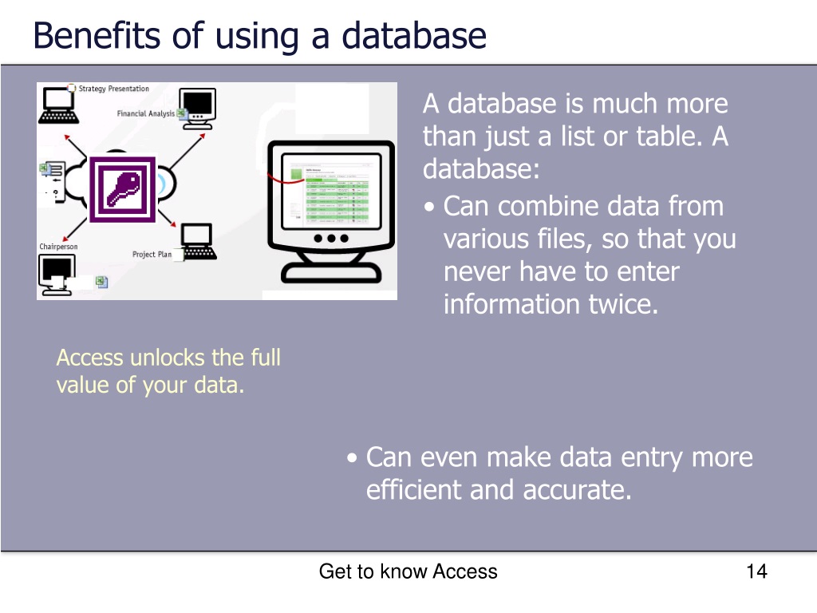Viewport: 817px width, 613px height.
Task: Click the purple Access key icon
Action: [x=122, y=189]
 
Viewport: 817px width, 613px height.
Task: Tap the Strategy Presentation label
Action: [x=113, y=89]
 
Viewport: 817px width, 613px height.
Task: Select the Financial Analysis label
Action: [x=145, y=113]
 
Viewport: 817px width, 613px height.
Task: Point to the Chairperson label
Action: [x=59, y=247]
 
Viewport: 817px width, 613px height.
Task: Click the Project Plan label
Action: [x=152, y=255]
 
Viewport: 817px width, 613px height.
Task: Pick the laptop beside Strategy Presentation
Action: [x=57, y=105]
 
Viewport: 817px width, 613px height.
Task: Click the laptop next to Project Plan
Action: [x=197, y=242]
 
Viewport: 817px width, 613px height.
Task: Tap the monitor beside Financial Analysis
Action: [x=198, y=107]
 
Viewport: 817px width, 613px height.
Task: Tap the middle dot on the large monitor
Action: [x=331, y=238]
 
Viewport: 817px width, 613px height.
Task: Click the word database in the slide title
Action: [x=413, y=36]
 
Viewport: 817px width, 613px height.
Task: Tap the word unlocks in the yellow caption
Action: [x=164, y=357]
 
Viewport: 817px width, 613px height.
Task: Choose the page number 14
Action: [x=756, y=571]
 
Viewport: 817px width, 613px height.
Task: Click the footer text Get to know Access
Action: [x=408, y=571]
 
